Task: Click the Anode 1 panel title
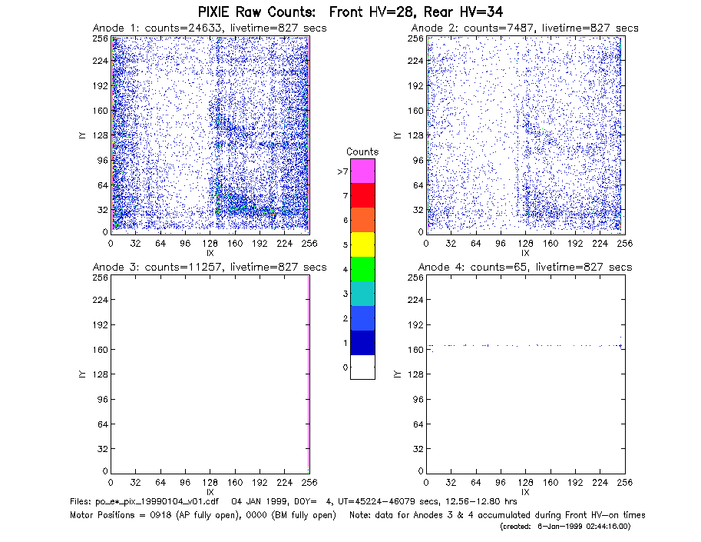click(210, 28)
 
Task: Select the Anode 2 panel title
click(525, 28)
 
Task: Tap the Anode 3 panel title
click(210, 267)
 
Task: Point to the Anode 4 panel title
click(525, 267)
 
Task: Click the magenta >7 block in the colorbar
click(362, 171)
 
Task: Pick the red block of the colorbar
click(362, 195)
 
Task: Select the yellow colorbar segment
click(362, 244)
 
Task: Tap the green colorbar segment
click(362, 269)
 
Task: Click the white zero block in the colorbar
click(362, 367)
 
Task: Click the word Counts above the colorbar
click(362, 151)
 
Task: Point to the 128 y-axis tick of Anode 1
click(101, 135)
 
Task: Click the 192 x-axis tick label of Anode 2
click(575, 244)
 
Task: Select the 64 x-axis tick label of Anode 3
click(160, 483)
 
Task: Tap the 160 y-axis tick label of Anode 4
click(415, 350)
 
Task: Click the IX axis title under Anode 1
click(210, 253)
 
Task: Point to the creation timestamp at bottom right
click(565, 527)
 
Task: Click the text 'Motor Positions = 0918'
click(121, 515)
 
